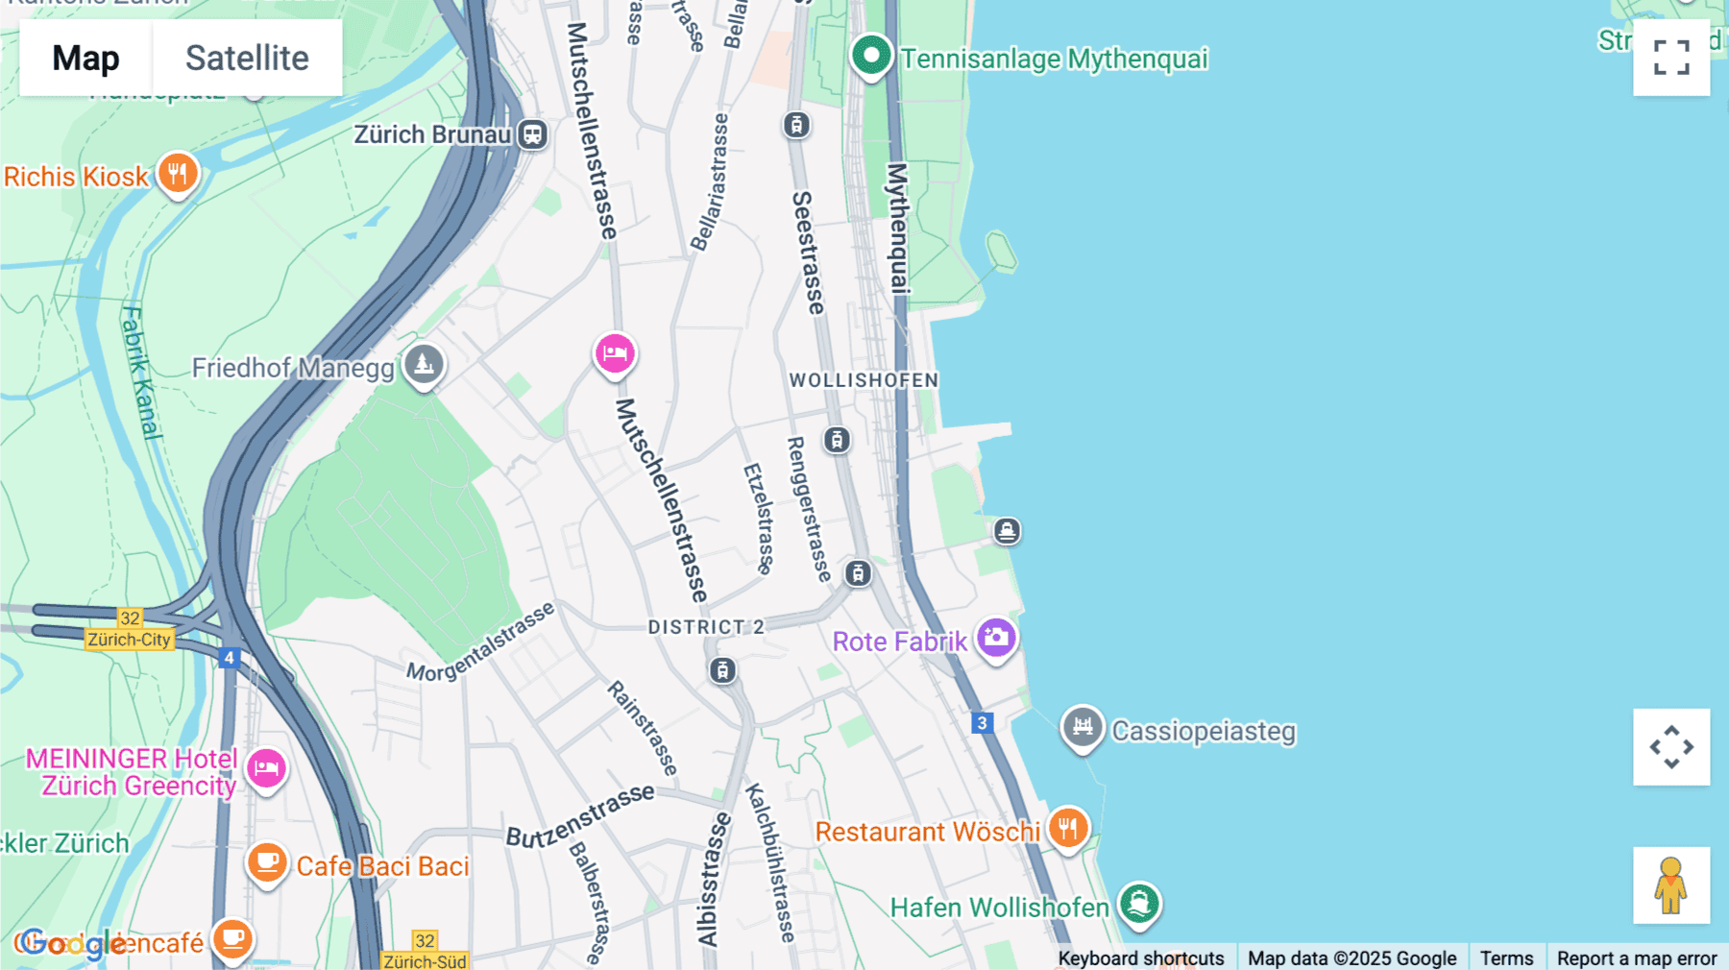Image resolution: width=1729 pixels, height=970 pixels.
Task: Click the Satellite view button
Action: pyautogui.click(x=247, y=58)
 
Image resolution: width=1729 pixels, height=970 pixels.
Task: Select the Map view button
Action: pyautogui.click(x=85, y=58)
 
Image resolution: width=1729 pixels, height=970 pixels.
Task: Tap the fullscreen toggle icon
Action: pyautogui.click(x=1671, y=58)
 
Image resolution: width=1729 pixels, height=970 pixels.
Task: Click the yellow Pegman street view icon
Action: pyautogui.click(x=1671, y=885)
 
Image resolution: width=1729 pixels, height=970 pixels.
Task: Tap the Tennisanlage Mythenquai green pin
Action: pyautogui.click(x=871, y=56)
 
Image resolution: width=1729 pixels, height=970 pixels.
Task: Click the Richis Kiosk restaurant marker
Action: pyautogui.click(x=178, y=175)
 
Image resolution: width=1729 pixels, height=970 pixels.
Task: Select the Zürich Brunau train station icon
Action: pyautogui.click(x=532, y=134)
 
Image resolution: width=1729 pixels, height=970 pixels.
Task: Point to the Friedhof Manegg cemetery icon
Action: pyautogui.click(x=424, y=365)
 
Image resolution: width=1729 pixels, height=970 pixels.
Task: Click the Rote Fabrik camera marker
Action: pyautogui.click(x=996, y=638)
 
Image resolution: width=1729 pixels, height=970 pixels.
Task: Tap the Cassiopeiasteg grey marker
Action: pyautogui.click(x=1083, y=728)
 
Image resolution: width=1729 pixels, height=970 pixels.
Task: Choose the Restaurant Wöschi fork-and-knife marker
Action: pyautogui.click(x=1067, y=828)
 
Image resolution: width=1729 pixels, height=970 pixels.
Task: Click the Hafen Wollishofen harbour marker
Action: pyautogui.click(x=1139, y=904)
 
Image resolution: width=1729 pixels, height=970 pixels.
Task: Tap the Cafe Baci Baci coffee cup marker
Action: pyautogui.click(x=267, y=862)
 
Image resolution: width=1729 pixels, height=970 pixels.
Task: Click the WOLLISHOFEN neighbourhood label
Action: pyautogui.click(x=864, y=380)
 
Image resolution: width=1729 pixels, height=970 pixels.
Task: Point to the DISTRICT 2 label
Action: pyautogui.click(x=706, y=627)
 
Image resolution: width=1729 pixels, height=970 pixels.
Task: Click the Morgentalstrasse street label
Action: pyautogui.click(x=480, y=642)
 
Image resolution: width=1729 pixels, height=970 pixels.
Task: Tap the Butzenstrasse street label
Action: pyautogui.click(x=580, y=816)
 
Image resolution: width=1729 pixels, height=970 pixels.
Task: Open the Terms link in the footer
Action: pyautogui.click(x=1506, y=958)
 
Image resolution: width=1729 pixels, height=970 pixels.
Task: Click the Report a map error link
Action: pyautogui.click(x=1637, y=958)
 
